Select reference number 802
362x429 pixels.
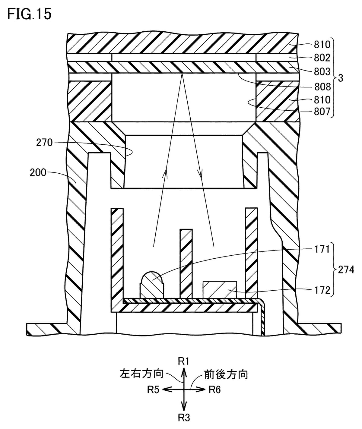[x=322, y=58]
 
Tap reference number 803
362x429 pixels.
[x=322, y=71]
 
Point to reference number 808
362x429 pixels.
[x=322, y=87]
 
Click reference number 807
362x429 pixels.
[x=322, y=112]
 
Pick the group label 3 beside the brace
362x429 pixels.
[x=341, y=78]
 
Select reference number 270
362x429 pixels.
[x=44, y=142]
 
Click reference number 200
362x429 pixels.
[x=38, y=172]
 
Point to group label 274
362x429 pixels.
[x=346, y=270]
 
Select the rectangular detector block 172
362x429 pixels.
[x=220, y=289]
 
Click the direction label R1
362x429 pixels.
[x=183, y=361]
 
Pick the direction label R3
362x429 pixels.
[x=184, y=418]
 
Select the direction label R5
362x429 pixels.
[x=153, y=390]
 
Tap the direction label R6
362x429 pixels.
[x=215, y=390]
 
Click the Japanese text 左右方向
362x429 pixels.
[x=141, y=374]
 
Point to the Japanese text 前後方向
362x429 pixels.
[x=226, y=374]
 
